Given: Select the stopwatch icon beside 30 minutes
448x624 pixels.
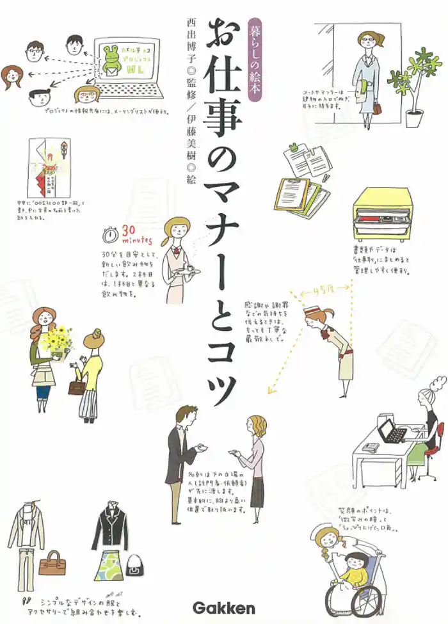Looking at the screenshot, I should pyautogui.click(x=111, y=236).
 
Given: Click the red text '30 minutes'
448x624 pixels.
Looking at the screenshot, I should pyautogui.click(x=136, y=236).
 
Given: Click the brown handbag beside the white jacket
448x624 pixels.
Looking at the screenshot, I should pyautogui.click(x=52, y=566).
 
